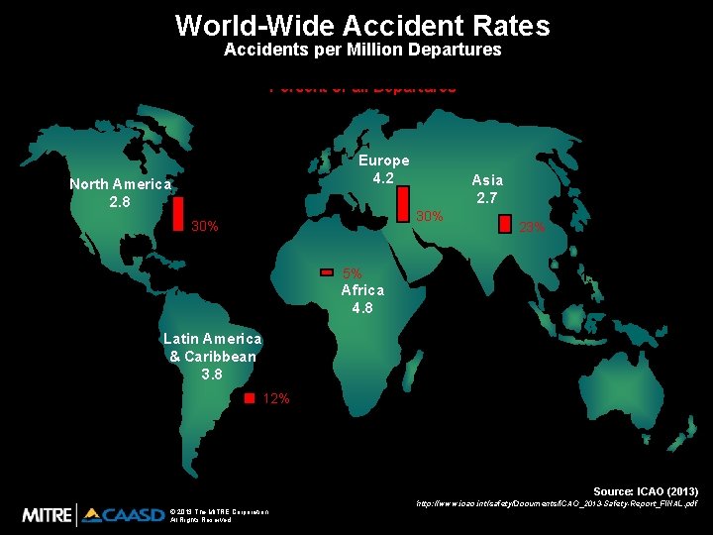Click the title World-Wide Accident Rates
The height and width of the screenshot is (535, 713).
[x=362, y=25]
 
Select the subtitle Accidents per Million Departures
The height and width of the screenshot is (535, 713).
[x=362, y=50]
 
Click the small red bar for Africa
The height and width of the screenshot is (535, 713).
[x=327, y=272]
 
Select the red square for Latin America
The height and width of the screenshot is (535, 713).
[x=250, y=397]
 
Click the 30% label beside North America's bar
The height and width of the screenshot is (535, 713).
[x=205, y=227]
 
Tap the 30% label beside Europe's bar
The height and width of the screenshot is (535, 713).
[x=429, y=216]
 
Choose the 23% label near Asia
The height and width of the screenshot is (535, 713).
[x=533, y=229]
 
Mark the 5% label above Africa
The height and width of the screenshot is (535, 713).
[x=352, y=273]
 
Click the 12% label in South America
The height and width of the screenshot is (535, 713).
[x=276, y=398]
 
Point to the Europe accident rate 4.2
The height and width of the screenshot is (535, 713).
[x=383, y=178]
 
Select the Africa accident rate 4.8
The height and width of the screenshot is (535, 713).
[x=362, y=307]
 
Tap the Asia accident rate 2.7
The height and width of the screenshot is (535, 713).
[x=487, y=197]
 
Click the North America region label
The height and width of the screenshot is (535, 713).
[x=120, y=184]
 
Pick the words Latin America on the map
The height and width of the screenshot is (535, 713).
[x=212, y=339]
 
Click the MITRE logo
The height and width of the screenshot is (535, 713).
[x=48, y=514]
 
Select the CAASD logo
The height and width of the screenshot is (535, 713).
[x=123, y=514]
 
